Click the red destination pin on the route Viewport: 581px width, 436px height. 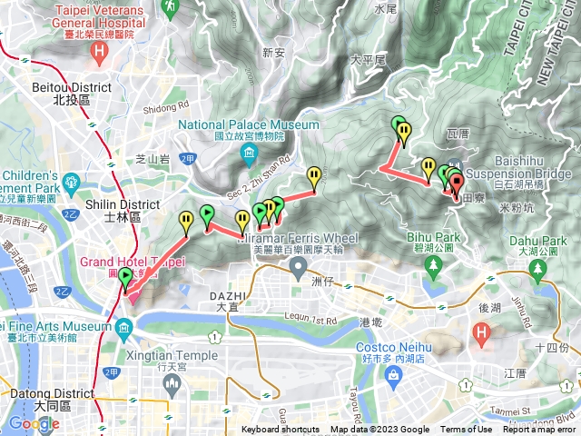(456, 181)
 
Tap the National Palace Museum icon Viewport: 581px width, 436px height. (249, 157)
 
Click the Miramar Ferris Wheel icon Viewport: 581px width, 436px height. (299, 268)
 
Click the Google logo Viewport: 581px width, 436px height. (34, 423)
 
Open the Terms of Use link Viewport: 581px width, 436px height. (467, 430)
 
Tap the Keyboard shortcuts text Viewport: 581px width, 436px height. (281, 430)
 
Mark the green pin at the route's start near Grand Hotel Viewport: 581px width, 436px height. (124, 278)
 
